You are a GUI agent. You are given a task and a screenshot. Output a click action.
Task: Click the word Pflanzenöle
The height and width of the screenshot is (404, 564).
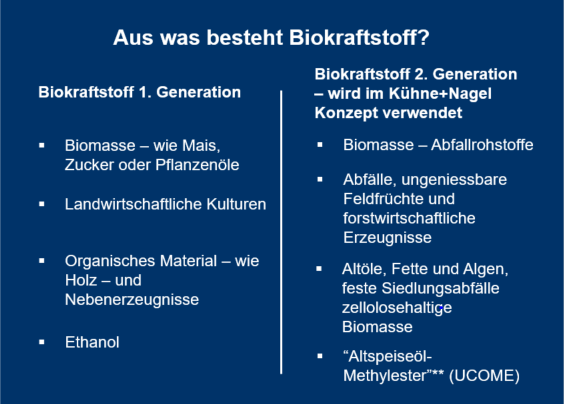pyautogui.click(x=197, y=165)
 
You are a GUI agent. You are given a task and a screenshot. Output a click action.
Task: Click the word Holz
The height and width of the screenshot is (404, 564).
pyautogui.click(x=81, y=280)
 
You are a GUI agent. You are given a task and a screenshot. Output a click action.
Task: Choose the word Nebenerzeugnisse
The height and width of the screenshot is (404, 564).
pyautogui.click(x=132, y=300)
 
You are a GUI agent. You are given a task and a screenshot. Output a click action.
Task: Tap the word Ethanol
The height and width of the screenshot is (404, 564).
pyautogui.click(x=92, y=342)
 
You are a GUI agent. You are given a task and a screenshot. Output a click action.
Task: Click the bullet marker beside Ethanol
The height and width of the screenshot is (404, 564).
pyautogui.click(x=42, y=342)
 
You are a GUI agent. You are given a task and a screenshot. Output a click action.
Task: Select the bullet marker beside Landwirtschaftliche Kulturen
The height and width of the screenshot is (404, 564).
pyautogui.click(x=42, y=204)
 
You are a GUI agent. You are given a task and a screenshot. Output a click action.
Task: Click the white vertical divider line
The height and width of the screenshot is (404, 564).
pyautogui.click(x=281, y=232)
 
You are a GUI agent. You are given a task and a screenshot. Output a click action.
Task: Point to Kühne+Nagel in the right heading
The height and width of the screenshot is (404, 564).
pyautogui.click(x=440, y=94)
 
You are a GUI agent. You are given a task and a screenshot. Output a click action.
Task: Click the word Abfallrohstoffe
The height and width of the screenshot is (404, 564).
pyautogui.click(x=482, y=145)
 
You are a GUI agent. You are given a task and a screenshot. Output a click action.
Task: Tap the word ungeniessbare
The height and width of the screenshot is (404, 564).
pyautogui.click(x=454, y=180)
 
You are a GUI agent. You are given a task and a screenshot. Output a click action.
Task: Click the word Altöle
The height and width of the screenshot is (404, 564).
pyautogui.click(x=364, y=269)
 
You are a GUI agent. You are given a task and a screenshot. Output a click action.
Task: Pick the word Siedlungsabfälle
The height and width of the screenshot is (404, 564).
pyautogui.click(x=440, y=289)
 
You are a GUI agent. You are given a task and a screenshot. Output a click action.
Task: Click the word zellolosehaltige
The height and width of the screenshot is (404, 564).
pyautogui.click(x=397, y=308)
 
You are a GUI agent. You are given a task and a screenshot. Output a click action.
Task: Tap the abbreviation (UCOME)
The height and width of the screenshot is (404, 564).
pyautogui.click(x=484, y=376)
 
